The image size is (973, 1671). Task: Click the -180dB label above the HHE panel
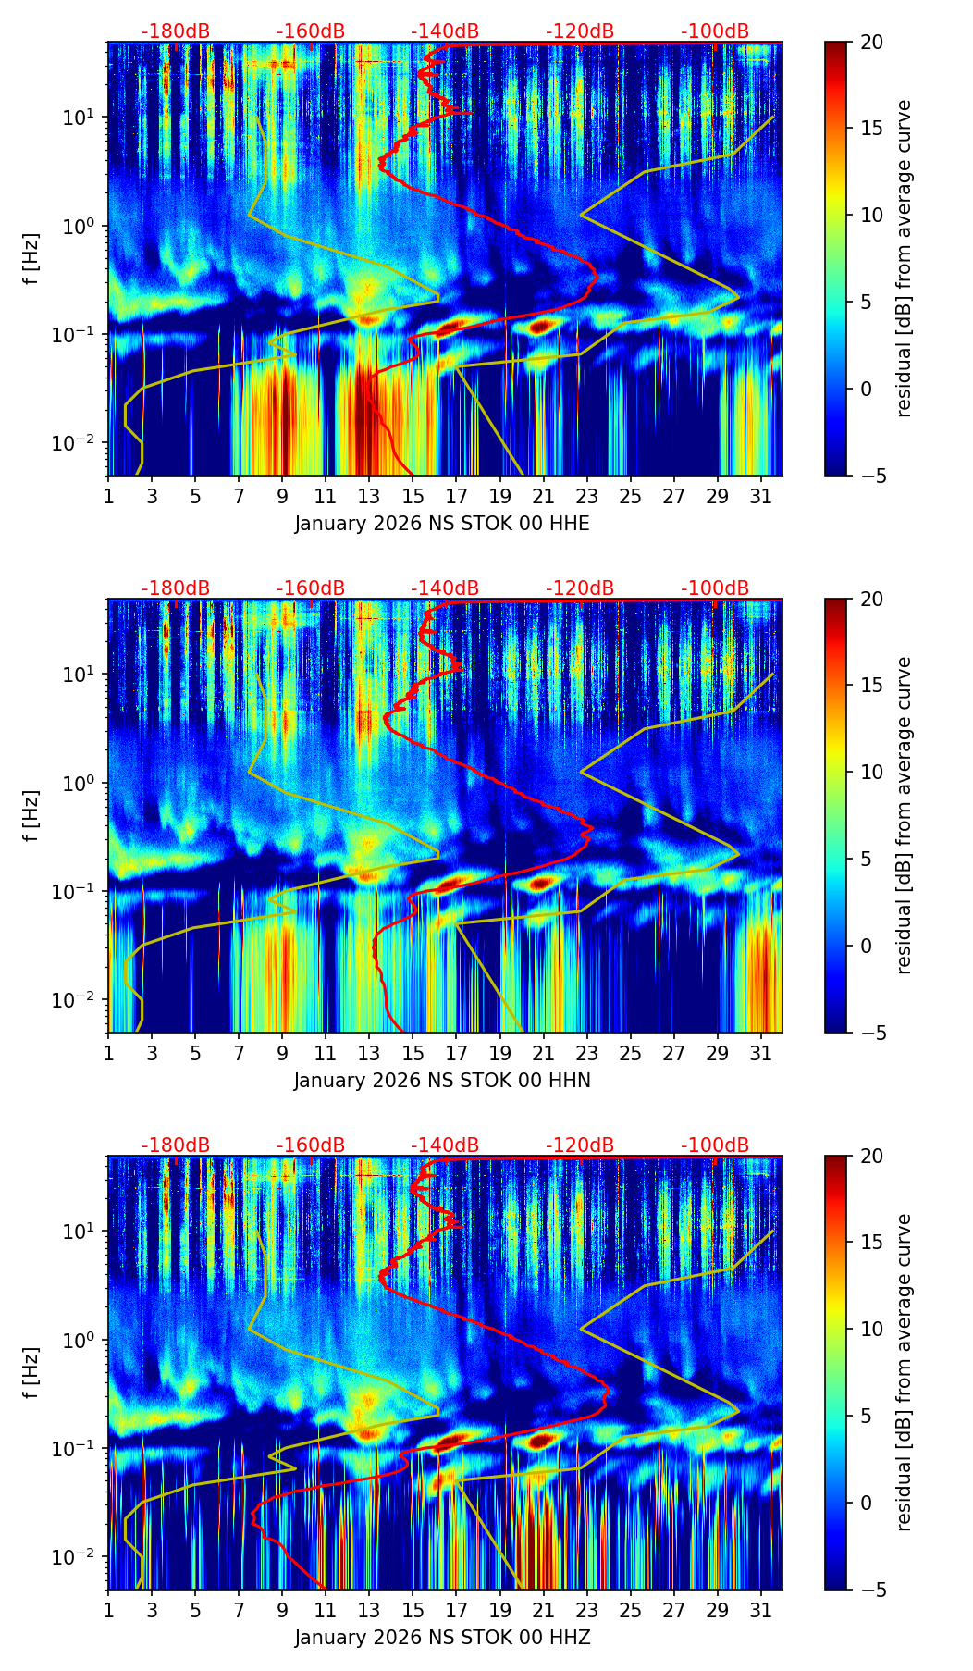coord(176,31)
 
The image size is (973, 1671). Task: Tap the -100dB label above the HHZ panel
coord(715,1145)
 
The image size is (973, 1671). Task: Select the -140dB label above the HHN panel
coord(445,588)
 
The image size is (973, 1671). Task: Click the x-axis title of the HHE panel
coord(442,524)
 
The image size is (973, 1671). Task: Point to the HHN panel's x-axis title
coord(442,1081)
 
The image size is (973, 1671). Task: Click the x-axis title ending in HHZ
coord(442,1638)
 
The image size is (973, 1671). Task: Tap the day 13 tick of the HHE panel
coord(369,496)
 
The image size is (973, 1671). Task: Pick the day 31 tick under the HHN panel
coord(761,1053)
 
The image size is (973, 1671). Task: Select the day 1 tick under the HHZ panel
coord(108,1610)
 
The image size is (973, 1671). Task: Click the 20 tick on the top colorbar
coord(870,43)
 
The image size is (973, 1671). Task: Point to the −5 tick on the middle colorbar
coord(870,1033)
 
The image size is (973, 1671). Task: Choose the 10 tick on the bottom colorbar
coord(870,1330)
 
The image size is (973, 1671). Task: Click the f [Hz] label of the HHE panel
coord(31,259)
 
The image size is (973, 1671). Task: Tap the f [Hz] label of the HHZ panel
coord(31,1373)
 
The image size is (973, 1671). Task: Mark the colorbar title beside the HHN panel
coord(905,815)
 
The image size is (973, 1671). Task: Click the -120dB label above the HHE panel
coord(580,31)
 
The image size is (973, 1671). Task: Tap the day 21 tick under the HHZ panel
coord(543,1610)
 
